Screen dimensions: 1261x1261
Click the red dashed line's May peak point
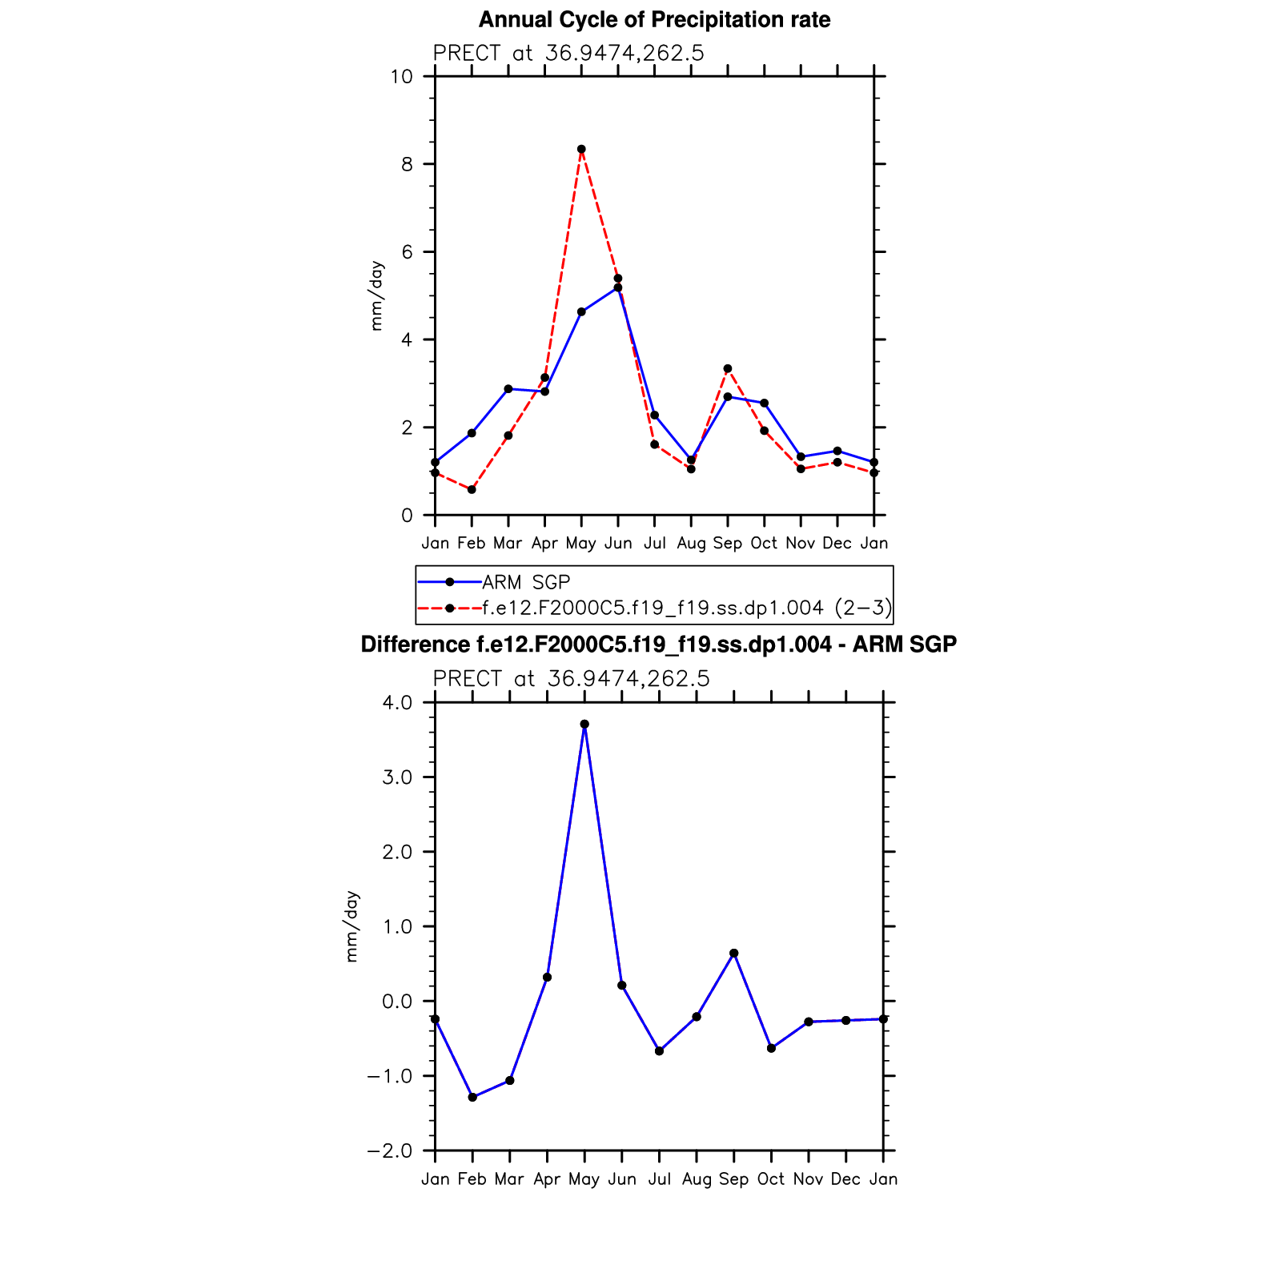click(x=581, y=149)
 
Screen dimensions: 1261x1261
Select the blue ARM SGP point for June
click(x=618, y=287)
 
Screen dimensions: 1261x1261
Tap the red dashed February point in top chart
click(x=472, y=489)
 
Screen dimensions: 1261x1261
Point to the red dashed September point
click(x=728, y=369)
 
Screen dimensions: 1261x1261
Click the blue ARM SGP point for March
click(x=508, y=389)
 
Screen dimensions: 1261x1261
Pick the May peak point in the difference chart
click(x=584, y=724)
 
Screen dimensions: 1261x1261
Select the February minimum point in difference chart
click(x=472, y=1097)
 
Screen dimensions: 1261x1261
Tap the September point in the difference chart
click(x=734, y=954)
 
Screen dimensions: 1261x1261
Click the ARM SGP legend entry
click(x=525, y=582)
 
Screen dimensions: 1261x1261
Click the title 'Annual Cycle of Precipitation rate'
click(x=654, y=20)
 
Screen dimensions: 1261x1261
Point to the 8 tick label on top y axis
click(x=408, y=164)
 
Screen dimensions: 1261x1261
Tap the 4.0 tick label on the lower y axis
click(x=397, y=703)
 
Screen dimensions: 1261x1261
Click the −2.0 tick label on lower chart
click(x=390, y=1151)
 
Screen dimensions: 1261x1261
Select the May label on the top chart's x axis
click(x=580, y=544)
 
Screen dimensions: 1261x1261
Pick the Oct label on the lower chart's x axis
click(x=771, y=1179)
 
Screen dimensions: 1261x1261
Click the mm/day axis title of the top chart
click(x=376, y=296)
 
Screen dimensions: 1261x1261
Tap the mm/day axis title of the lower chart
click(x=352, y=926)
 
